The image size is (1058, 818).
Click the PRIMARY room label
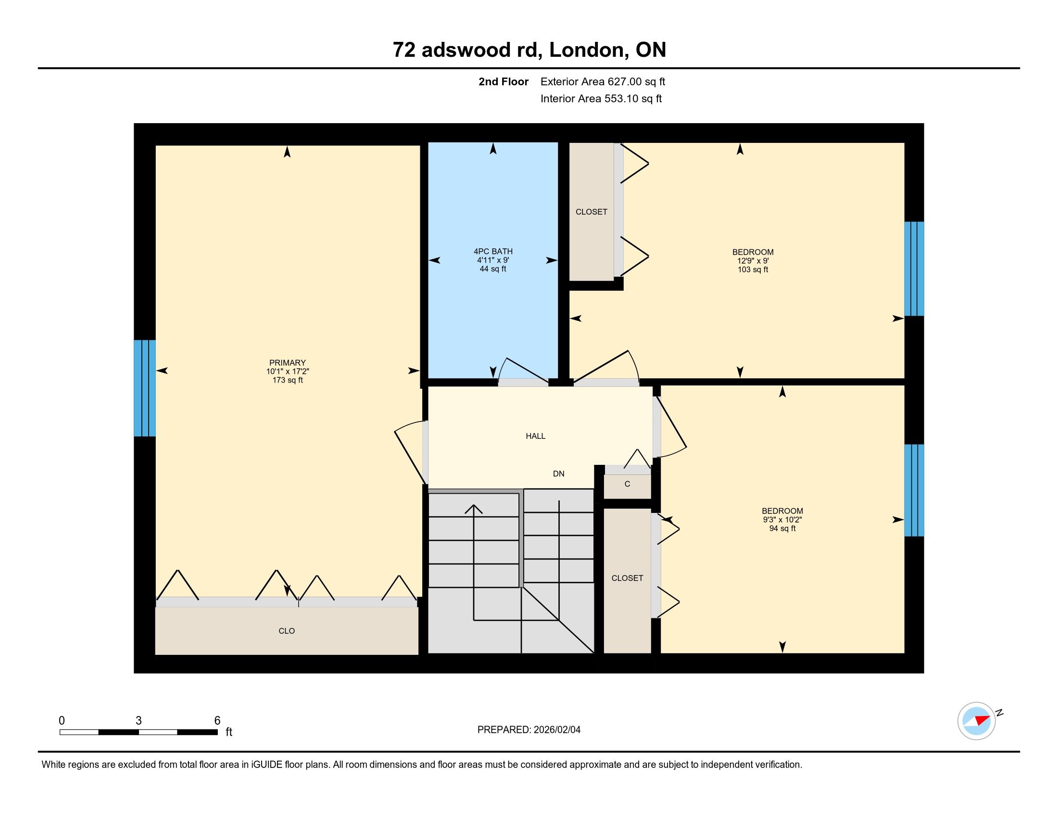click(x=287, y=362)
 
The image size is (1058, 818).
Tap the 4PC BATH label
click(x=492, y=251)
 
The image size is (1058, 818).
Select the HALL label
click(x=535, y=436)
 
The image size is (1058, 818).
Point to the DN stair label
click(x=558, y=473)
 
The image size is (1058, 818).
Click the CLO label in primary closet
click(x=287, y=631)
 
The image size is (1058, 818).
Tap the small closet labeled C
click(x=627, y=484)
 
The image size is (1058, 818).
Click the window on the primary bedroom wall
click(x=145, y=388)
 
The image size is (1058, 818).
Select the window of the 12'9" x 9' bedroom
click(x=914, y=269)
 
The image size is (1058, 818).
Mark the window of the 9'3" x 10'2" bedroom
click(x=914, y=490)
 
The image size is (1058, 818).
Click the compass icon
click(x=977, y=721)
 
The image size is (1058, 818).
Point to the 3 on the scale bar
click(x=139, y=721)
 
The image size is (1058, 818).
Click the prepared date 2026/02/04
click(x=556, y=730)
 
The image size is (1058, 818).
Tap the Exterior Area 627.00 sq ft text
click(x=603, y=82)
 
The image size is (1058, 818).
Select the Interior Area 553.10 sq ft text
click(x=601, y=99)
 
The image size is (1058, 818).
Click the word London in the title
click(x=586, y=50)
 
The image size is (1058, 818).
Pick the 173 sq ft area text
click(x=287, y=381)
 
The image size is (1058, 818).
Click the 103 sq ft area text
click(x=753, y=269)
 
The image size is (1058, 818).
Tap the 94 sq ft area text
click(x=782, y=528)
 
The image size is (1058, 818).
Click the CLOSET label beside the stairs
click(x=627, y=578)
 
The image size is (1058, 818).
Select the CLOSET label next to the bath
click(x=592, y=212)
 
